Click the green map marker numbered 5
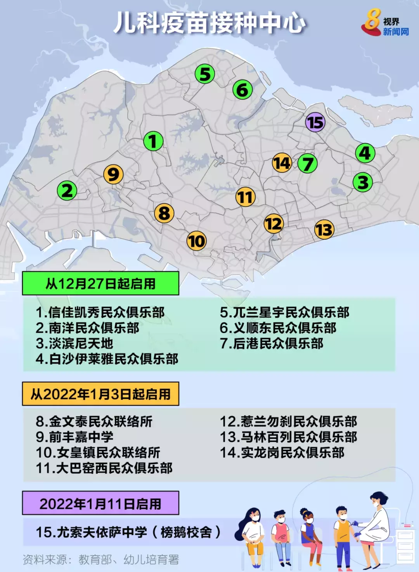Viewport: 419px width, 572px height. point(205,74)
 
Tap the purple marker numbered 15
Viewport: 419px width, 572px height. point(315,123)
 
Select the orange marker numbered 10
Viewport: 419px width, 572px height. point(197,241)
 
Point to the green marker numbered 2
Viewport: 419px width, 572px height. point(67,191)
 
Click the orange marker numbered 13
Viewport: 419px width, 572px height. point(324,230)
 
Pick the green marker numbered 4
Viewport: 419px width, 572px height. point(365,153)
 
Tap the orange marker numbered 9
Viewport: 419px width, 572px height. point(113,174)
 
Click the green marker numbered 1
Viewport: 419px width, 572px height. point(153,141)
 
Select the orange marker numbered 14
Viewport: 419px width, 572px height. point(282,163)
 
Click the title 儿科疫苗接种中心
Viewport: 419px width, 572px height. point(209,23)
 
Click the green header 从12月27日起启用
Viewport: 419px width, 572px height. point(100,284)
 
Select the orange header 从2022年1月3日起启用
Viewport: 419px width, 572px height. point(100,394)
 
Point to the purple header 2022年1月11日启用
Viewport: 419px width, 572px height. point(100,503)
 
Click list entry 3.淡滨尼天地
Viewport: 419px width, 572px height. point(74,344)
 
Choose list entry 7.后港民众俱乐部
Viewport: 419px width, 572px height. point(272,344)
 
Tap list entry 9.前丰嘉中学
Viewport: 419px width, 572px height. point(74,437)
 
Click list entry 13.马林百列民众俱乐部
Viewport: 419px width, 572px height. point(288,437)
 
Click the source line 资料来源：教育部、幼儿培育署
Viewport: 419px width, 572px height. point(101,559)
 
